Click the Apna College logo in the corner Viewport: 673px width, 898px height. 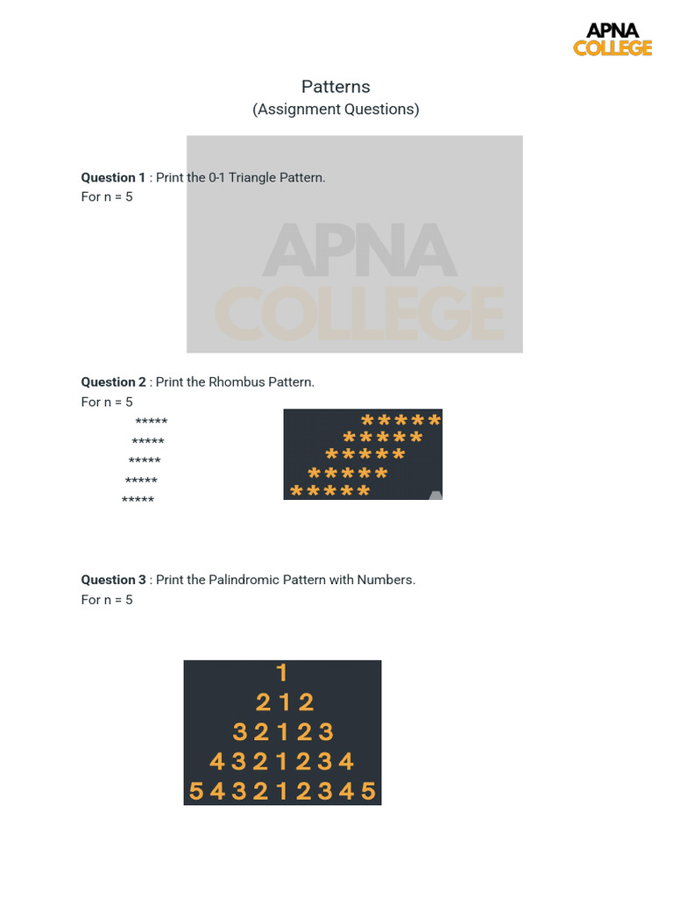(613, 39)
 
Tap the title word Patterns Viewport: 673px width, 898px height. (336, 87)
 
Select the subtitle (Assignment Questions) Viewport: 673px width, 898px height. (336, 110)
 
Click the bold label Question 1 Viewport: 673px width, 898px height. (114, 177)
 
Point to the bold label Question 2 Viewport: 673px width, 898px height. (114, 382)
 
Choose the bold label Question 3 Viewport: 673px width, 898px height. (114, 580)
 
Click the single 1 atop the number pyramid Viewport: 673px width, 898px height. (281, 673)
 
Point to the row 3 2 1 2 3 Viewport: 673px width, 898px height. (283, 732)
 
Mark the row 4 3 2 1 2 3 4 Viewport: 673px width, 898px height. (282, 761)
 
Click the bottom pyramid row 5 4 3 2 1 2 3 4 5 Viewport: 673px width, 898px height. (282, 792)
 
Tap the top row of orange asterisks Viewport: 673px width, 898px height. (400, 420)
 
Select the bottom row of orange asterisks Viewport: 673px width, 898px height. (329, 491)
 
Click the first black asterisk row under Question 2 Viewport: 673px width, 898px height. (152, 422)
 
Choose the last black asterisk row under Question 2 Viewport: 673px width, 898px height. (138, 500)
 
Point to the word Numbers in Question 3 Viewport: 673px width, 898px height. (386, 580)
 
